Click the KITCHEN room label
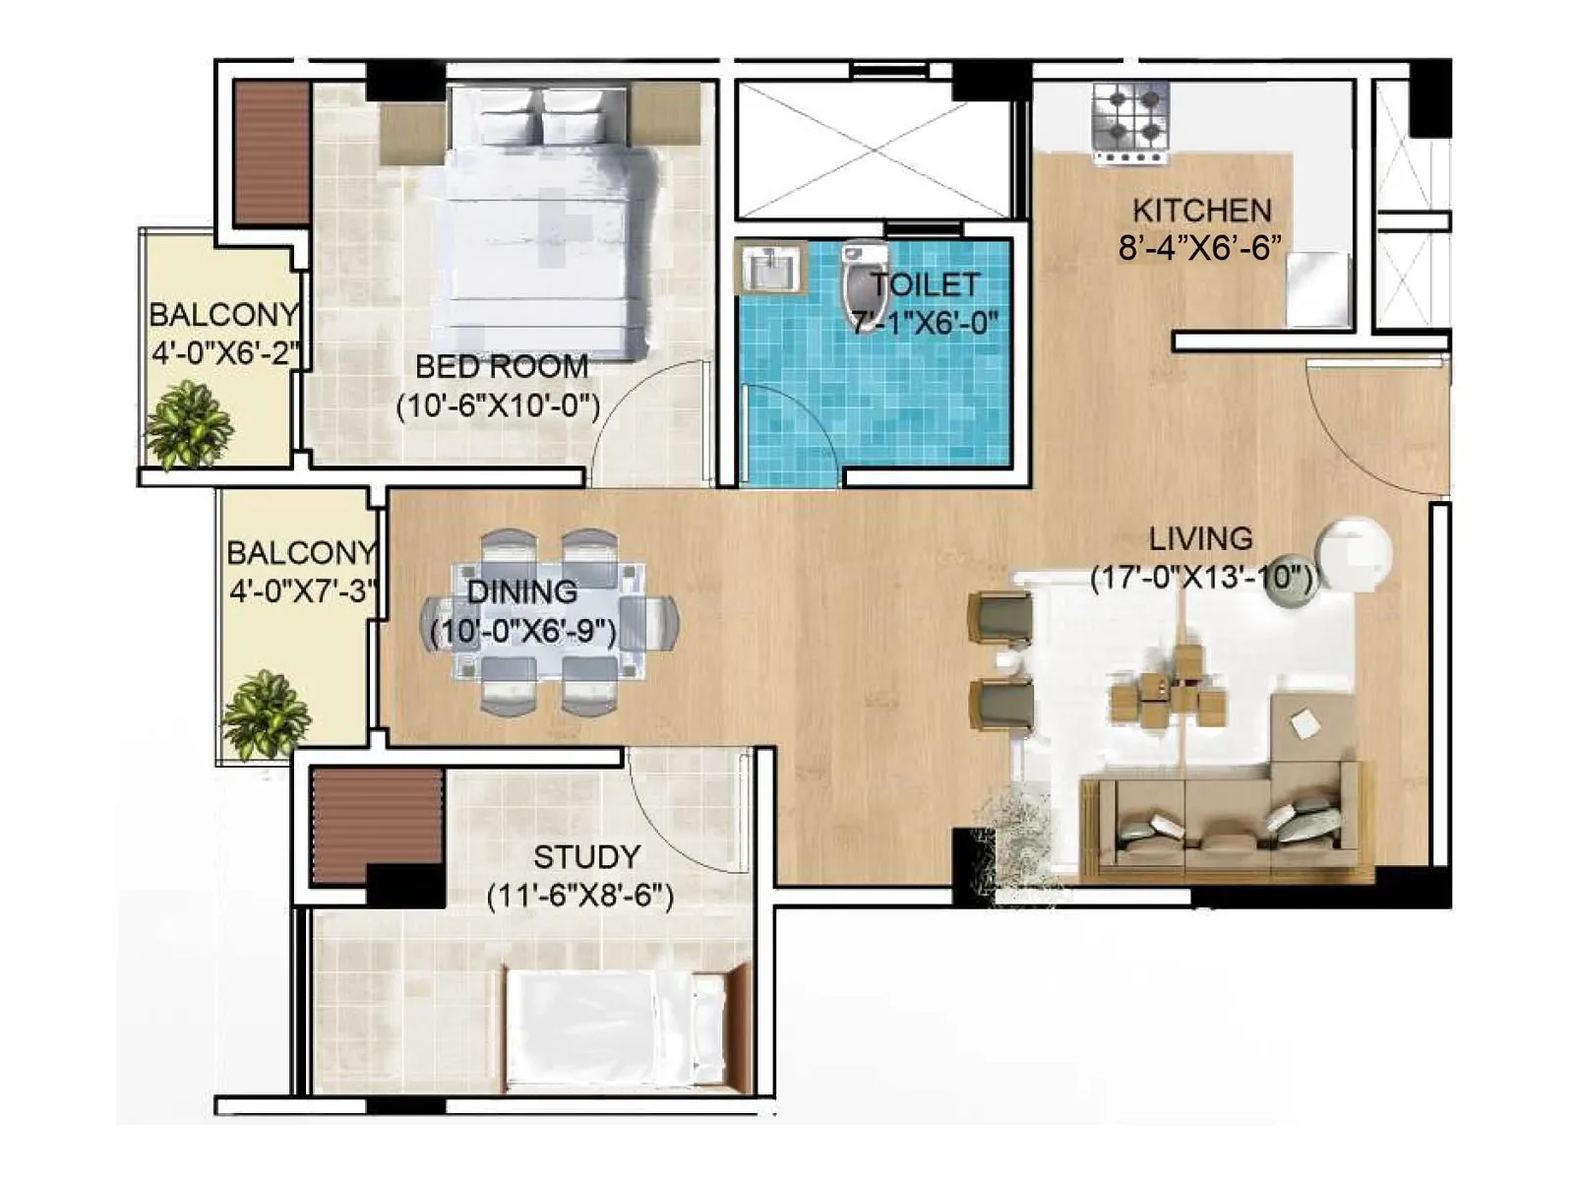1201,211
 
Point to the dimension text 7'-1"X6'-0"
924,323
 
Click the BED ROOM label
502,367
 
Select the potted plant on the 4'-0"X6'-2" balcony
188,426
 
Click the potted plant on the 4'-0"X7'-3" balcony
264,715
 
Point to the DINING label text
521,592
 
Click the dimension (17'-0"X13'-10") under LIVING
1201,578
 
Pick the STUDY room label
586,857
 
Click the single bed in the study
620,1028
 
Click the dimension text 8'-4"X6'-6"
1199,248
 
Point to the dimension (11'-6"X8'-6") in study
580,897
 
